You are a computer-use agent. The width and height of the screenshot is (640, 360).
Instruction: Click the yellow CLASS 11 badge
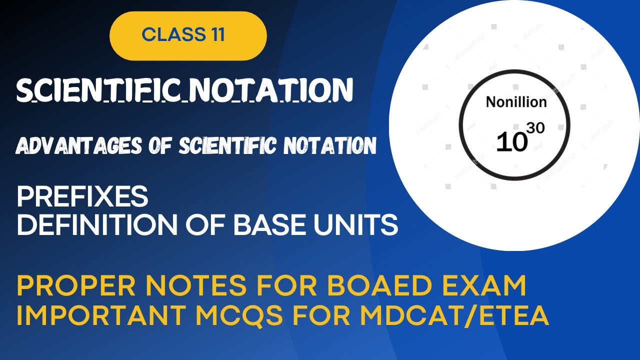(x=188, y=35)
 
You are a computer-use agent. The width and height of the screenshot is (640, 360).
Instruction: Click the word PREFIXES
(x=82, y=197)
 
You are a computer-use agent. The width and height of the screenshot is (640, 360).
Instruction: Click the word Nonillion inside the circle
(x=516, y=102)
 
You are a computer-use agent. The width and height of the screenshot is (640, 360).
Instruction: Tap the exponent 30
(x=535, y=128)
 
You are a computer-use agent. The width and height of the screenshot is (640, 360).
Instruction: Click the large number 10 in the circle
(x=511, y=142)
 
